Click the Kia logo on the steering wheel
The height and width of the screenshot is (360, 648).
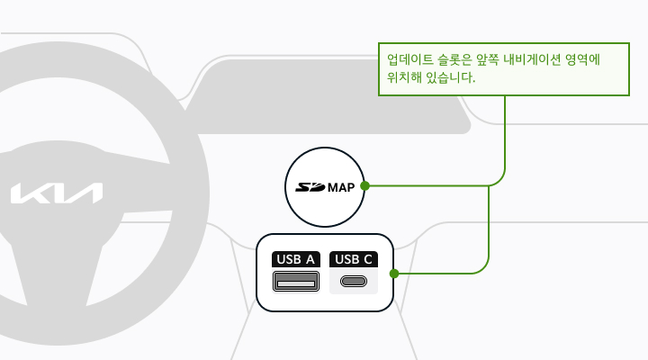(x=57, y=193)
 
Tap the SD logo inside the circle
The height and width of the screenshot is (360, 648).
(x=310, y=187)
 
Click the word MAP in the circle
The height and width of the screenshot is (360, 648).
(x=341, y=187)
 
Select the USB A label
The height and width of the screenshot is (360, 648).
(x=296, y=259)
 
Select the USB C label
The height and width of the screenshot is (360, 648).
(x=354, y=259)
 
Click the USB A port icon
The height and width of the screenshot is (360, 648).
(x=296, y=282)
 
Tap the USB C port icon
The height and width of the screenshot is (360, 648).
(x=354, y=282)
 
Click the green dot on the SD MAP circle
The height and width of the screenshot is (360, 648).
(x=364, y=186)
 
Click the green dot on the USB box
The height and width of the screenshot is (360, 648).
(x=394, y=274)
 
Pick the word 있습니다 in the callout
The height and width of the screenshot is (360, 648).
(x=449, y=77)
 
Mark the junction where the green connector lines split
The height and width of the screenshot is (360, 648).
(x=489, y=186)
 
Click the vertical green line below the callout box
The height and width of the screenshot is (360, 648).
(x=505, y=132)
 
